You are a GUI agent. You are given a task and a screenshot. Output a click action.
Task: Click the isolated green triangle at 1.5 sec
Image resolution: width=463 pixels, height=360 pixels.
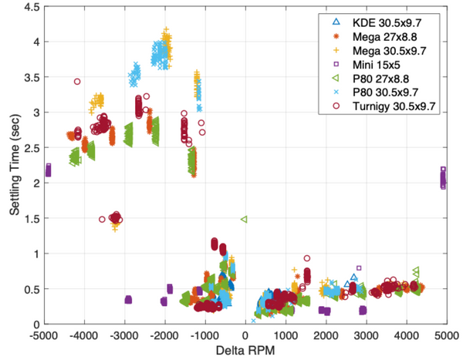pos(244,220)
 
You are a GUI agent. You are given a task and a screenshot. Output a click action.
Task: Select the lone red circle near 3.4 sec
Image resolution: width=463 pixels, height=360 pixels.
pos(77,81)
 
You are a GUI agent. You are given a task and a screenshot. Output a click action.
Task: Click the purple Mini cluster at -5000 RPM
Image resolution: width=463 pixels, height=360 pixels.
pos(48,170)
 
